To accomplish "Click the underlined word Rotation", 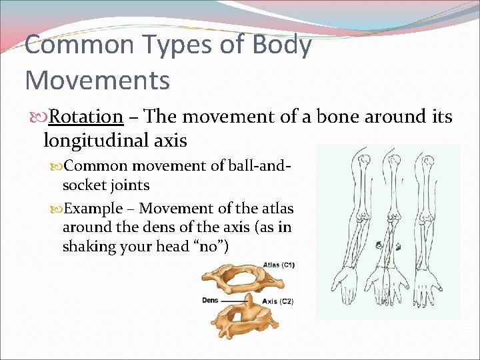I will click(86, 117).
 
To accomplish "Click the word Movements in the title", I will click(97, 80).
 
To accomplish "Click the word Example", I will click(94, 208).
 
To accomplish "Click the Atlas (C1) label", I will click(279, 265).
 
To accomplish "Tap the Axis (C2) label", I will click(278, 301).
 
